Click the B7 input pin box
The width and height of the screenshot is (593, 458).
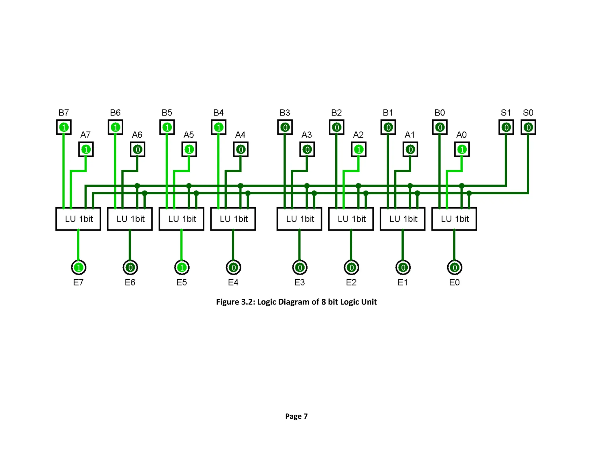pos(64,127)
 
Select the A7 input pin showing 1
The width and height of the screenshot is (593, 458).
pos(86,149)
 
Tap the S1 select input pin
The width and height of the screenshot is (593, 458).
pos(506,127)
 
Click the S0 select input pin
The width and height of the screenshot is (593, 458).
pos(528,127)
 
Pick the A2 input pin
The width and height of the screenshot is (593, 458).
pos(358,149)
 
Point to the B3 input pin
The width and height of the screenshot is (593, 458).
pos(285,127)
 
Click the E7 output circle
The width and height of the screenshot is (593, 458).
pos(78,268)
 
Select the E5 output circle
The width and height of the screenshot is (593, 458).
pos(182,268)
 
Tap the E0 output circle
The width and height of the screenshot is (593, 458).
pos(455,268)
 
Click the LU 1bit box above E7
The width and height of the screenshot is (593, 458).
pos(78,219)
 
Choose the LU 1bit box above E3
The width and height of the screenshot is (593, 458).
pos(299,219)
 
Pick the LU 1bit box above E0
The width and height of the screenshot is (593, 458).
pos(454,219)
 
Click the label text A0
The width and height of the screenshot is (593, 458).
pos(461,135)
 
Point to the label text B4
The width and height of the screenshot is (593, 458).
pos(218,113)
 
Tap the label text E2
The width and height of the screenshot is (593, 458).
pos(351,282)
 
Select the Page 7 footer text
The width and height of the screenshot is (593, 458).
pos(296,416)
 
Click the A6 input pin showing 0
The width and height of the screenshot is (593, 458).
pos(138,149)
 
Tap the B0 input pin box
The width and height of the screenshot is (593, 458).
pos(440,127)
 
